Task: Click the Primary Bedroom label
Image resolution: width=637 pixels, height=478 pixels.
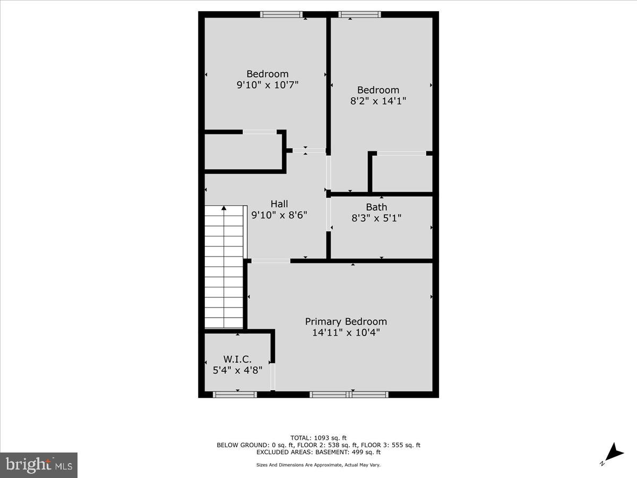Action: pyautogui.click(x=346, y=321)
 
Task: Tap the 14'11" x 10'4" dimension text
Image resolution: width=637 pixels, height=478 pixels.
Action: pyautogui.click(x=346, y=333)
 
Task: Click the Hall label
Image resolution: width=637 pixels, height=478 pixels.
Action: pyautogui.click(x=279, y=204)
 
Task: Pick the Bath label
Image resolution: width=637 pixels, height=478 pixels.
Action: pyautogui.click(x=376, y=207)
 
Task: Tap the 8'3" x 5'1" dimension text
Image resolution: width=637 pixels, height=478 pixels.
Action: pyautogui.click(x=376, y=218)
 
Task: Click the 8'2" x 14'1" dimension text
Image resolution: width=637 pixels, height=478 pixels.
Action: pyautogui.click(x=378, y=101)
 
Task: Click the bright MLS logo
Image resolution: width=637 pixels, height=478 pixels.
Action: pyautogui.click(x=39, y=465)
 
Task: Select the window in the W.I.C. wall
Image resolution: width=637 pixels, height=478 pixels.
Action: pyautogui.click(x=235, y=395)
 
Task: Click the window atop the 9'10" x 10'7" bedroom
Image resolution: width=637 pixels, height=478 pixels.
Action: pyautogui.click(x=281, y=15)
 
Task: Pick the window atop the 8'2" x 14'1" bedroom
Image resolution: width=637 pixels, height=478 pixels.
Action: pyautogui.click(x=359, y=15)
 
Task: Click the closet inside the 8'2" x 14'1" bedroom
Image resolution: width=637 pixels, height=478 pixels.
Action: pyautogui.click(x=402, y=174)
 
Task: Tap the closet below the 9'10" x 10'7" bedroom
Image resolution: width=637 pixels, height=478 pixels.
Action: pyautogui.click(x=244, y=151)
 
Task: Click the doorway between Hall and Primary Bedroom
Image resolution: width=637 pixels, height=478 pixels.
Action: pyautogui.click(x=271, y=261)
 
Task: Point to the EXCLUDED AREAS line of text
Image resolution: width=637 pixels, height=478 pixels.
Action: pyautogui.click(x=318, y=453)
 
